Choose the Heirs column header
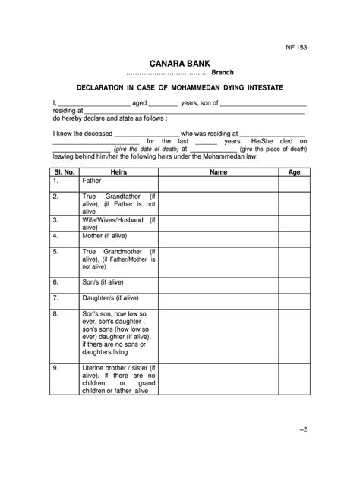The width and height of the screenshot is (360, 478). pyautogui.click(x=118, y=172)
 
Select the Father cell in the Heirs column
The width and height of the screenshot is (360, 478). pyautogui.click(x=92, y=182)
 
